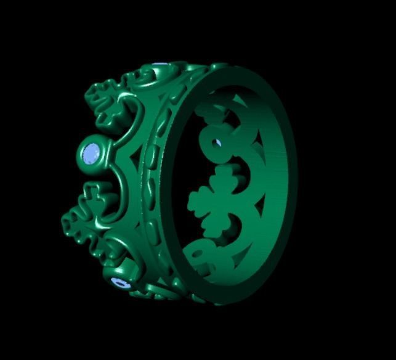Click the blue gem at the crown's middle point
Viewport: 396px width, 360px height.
pos(92,152)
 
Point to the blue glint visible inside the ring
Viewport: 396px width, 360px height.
pos(217,144)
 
